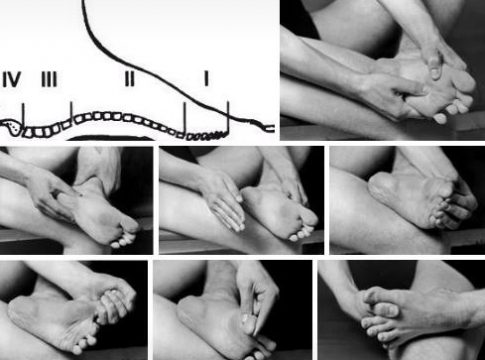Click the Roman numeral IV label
pyautogui.click(x=12, y=80)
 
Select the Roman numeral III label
pyautogui.click(x=49, y=80)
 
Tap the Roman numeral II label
pyautogui.click(x=130, y=80)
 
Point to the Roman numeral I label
pyautogui.click(x=207, y=80)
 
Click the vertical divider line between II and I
pyautogui.click(x=184, y=119)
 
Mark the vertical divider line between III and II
pyautogui.click(x=71, y=112)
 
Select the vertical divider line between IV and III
pyautogui.click(x=23, y=115)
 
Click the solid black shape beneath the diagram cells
pyautogui.click(x=111, y=137)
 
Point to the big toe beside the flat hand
pyautogui.click(x=307, y=217)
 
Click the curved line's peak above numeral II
pyautogui.click(x=84, y=3)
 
